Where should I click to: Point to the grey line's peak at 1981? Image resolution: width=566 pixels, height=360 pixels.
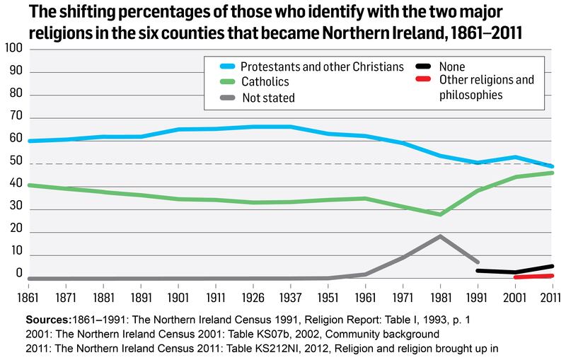pos(440,236)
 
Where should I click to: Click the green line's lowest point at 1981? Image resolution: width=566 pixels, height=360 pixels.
pos(440,214)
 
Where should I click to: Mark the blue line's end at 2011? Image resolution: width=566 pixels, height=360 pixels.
pos(551,166)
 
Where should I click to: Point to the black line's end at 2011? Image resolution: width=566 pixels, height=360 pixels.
pos(551,267)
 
